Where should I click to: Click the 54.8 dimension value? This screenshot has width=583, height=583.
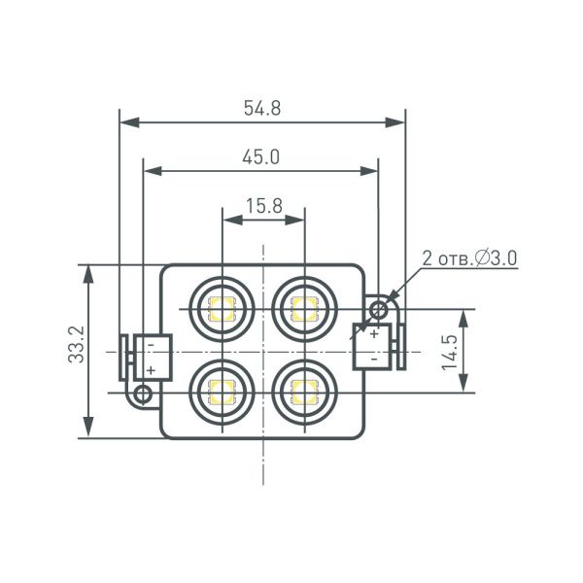pos(262,109)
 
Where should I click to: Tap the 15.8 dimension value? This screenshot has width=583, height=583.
pos(263,206)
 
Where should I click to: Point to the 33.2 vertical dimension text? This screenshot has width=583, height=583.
pos(78,345)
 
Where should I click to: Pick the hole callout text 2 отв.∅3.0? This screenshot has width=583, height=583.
pos(468,258)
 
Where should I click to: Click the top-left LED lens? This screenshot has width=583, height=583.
pos(223,309)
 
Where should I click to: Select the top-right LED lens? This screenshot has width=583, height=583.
pos(304,309)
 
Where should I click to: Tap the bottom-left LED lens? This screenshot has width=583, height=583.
pos(223,392)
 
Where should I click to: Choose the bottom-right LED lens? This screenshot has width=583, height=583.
pos(304,392)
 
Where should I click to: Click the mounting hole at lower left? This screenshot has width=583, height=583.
pos(144,394)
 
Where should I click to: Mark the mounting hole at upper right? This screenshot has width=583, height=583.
pos(379,309)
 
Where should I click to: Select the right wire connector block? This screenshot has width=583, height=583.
pos(374,344)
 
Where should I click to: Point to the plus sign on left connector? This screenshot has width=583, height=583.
pos(152,370)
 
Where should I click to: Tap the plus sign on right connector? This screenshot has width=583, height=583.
pos(374,333)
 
